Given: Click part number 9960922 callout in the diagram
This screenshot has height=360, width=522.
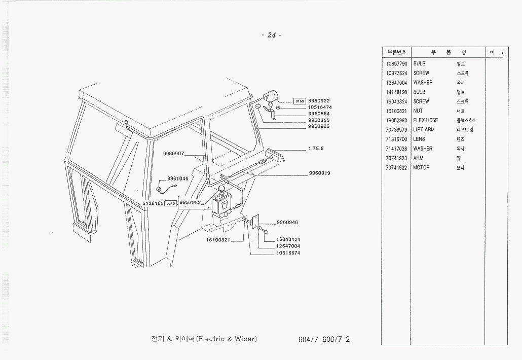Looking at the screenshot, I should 319,101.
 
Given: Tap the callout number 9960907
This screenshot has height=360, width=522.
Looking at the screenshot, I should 173,153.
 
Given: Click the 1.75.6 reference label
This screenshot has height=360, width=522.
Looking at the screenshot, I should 316,149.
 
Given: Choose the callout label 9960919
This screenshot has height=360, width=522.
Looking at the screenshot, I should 319,173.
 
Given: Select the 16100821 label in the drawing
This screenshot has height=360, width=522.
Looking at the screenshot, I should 218,240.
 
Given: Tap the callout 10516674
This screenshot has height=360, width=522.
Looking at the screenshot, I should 288,253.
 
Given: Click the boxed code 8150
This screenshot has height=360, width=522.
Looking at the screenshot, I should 300,101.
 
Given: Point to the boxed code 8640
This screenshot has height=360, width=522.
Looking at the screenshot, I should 171,203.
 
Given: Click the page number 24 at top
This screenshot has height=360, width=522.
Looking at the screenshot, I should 272,35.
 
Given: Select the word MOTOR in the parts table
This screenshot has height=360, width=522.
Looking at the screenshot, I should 421,167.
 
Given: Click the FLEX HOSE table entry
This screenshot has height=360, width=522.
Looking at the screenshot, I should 425,120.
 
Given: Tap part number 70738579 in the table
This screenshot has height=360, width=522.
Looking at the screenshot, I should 396,130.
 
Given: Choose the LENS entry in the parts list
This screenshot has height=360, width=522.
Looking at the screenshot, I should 419,139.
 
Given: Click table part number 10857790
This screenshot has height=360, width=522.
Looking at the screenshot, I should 396,64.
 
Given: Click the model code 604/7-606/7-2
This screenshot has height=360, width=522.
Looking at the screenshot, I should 324,339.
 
